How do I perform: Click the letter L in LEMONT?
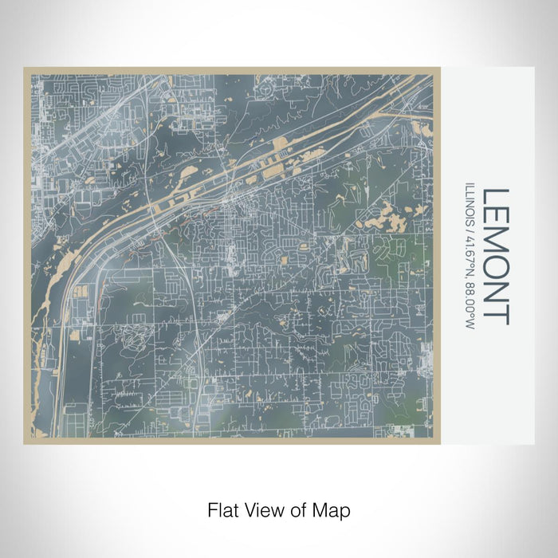click(x=496, y=197)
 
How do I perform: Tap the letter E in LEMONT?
click(x=496, y=218)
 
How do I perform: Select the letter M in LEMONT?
click(x=496, y=243)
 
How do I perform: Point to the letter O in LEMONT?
click(x=496, y=270)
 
